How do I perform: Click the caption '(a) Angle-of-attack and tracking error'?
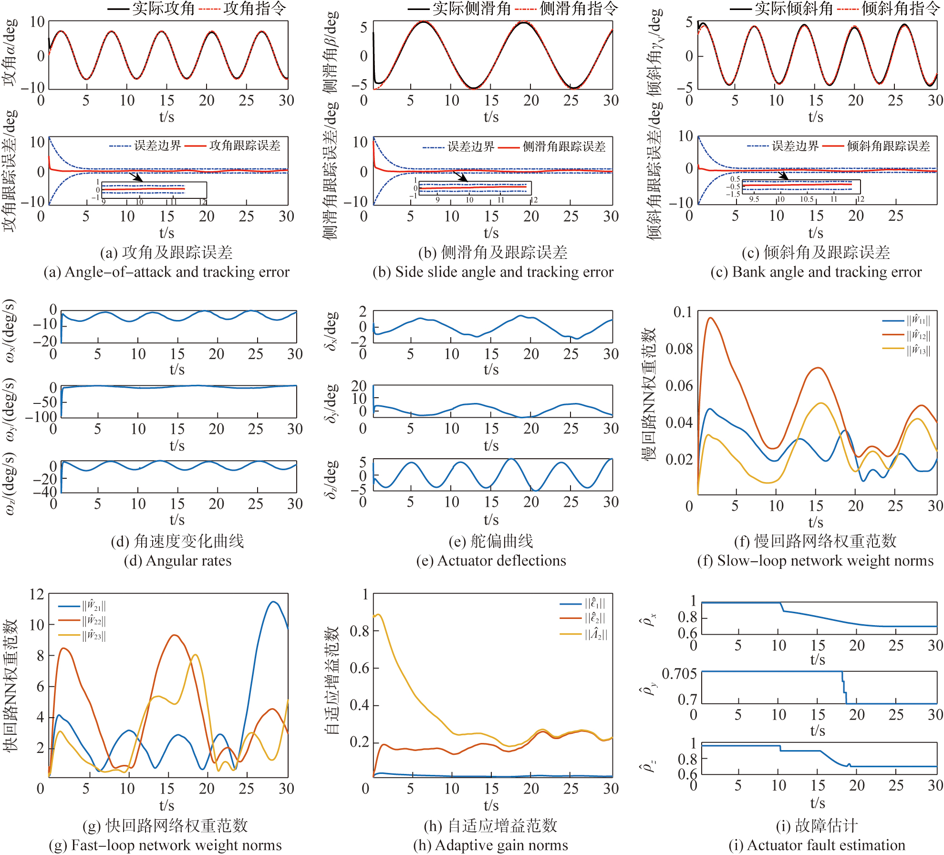pos(166,272)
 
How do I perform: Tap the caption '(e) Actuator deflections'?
pos(491,560)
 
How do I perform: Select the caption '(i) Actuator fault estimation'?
pos(817,845)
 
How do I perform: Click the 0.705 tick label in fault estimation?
pos(679,674)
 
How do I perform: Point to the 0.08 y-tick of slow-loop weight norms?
pos(679,349)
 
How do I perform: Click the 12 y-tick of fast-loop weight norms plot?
pos(37,594)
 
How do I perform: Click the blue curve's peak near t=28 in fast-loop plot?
pos(273,602)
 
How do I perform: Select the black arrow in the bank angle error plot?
pos(782,176)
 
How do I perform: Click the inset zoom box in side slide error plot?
pos(475,188)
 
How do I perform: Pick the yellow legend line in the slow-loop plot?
pos(893,349)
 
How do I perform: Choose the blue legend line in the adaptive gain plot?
pos(571,604)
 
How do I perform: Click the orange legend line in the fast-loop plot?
pos(69,620)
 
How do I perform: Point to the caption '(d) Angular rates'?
pos(177,560)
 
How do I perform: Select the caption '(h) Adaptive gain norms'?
pos(491,845)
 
